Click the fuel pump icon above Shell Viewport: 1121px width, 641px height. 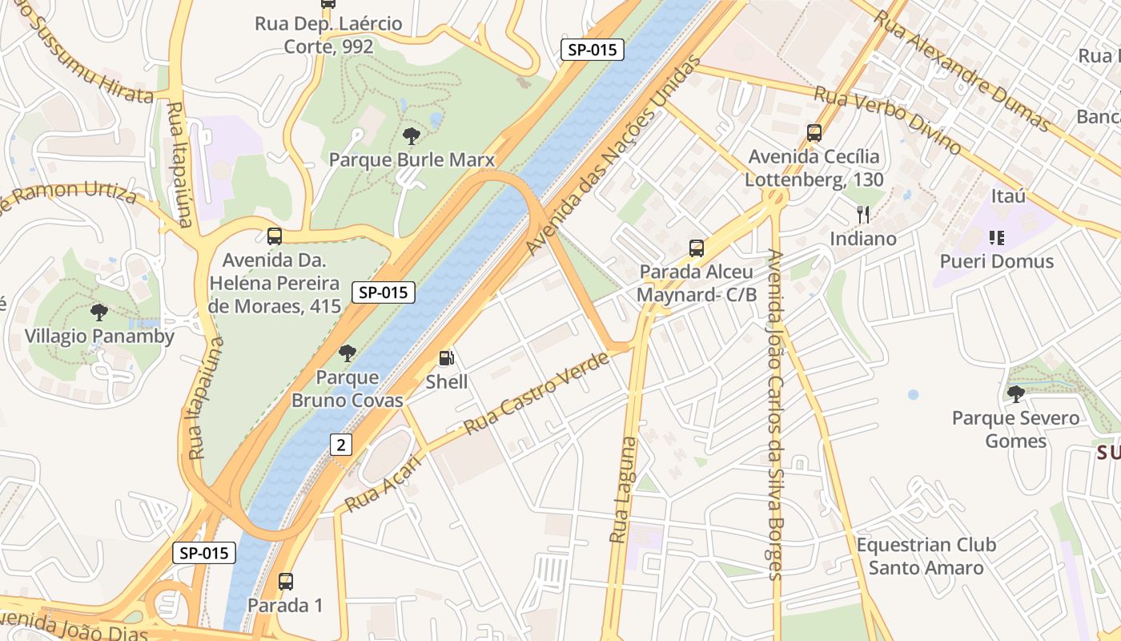click(447, 359)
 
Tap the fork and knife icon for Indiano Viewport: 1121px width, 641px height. click(862, 215)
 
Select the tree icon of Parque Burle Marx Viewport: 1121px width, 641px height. click(412, 136)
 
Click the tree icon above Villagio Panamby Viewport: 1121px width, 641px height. click(99, 312)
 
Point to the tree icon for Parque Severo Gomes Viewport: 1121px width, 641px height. click(1015, 393)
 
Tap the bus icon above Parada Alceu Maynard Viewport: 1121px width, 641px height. click(697, 248)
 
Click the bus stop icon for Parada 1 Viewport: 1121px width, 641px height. click(285, 582)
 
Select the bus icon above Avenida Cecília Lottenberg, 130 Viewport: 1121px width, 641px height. click(814, 133)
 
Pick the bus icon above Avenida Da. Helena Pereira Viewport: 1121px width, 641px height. click(275, 236)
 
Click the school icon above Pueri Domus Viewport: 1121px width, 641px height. click(996, 237)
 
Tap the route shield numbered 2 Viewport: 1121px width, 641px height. click(340, 445)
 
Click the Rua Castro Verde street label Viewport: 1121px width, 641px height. click(536, 393)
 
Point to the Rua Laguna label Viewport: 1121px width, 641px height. click(622, 490)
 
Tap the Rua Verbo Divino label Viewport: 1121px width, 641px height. click(887, 120)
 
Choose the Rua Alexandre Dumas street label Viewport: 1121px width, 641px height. click(961, 70)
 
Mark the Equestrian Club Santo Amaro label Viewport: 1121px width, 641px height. click(926, 556)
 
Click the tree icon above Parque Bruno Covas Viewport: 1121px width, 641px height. click(348, 353)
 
